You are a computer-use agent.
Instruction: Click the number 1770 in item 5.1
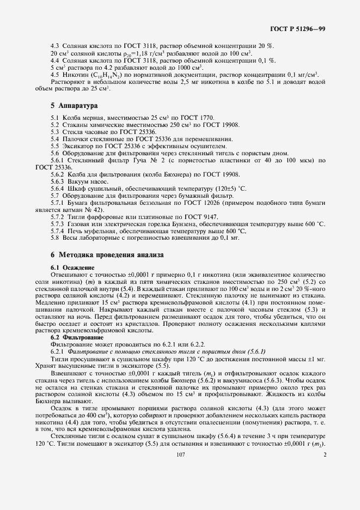tap(205, 118)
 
